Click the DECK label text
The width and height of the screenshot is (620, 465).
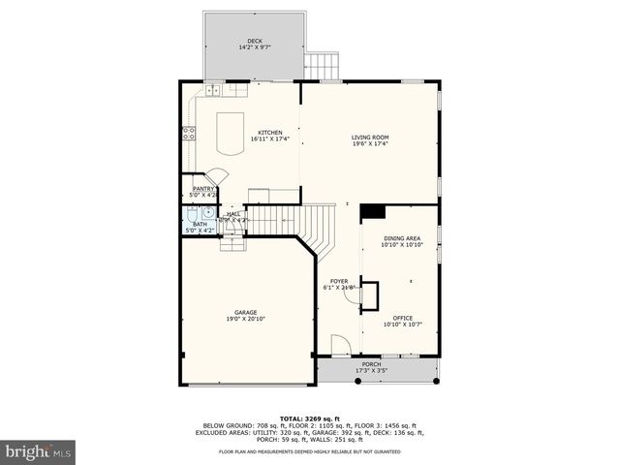coord(253,41)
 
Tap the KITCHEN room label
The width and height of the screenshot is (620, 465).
coord(269,133)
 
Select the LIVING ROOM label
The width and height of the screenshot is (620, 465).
coord(369,138)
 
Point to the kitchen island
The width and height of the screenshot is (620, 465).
coord(230,134)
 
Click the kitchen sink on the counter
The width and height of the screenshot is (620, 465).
coord(212,91)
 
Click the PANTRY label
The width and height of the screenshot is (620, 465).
coord(203,189)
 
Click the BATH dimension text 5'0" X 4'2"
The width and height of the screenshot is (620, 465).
coord(200,231)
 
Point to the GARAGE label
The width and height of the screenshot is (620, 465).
coord(245,312)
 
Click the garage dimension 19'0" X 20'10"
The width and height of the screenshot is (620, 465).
coord(245,319)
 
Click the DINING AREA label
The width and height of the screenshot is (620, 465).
coord(401,238)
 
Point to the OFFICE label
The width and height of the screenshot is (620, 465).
coord(403,318)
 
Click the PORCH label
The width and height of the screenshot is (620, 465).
coord(371,365)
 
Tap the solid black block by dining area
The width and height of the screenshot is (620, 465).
coord(372,213)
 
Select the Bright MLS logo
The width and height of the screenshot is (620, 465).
coord(39,450)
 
